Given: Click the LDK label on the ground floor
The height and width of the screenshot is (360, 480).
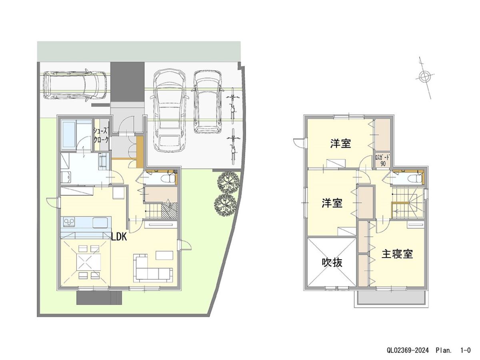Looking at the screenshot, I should (119, 237).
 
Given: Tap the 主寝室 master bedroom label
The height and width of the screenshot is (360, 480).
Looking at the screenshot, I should (397, 254).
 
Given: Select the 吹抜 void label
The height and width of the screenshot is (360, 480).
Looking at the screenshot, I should (332, 262).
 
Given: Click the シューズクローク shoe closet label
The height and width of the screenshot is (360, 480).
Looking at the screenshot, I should (100, 135).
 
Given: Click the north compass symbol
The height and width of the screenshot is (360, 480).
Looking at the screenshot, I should (425, 76).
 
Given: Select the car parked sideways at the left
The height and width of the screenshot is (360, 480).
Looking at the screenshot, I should (75, 85).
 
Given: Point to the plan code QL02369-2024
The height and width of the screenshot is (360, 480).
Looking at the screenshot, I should (408, 350).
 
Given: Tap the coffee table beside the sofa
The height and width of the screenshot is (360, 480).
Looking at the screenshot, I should (164, 254).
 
